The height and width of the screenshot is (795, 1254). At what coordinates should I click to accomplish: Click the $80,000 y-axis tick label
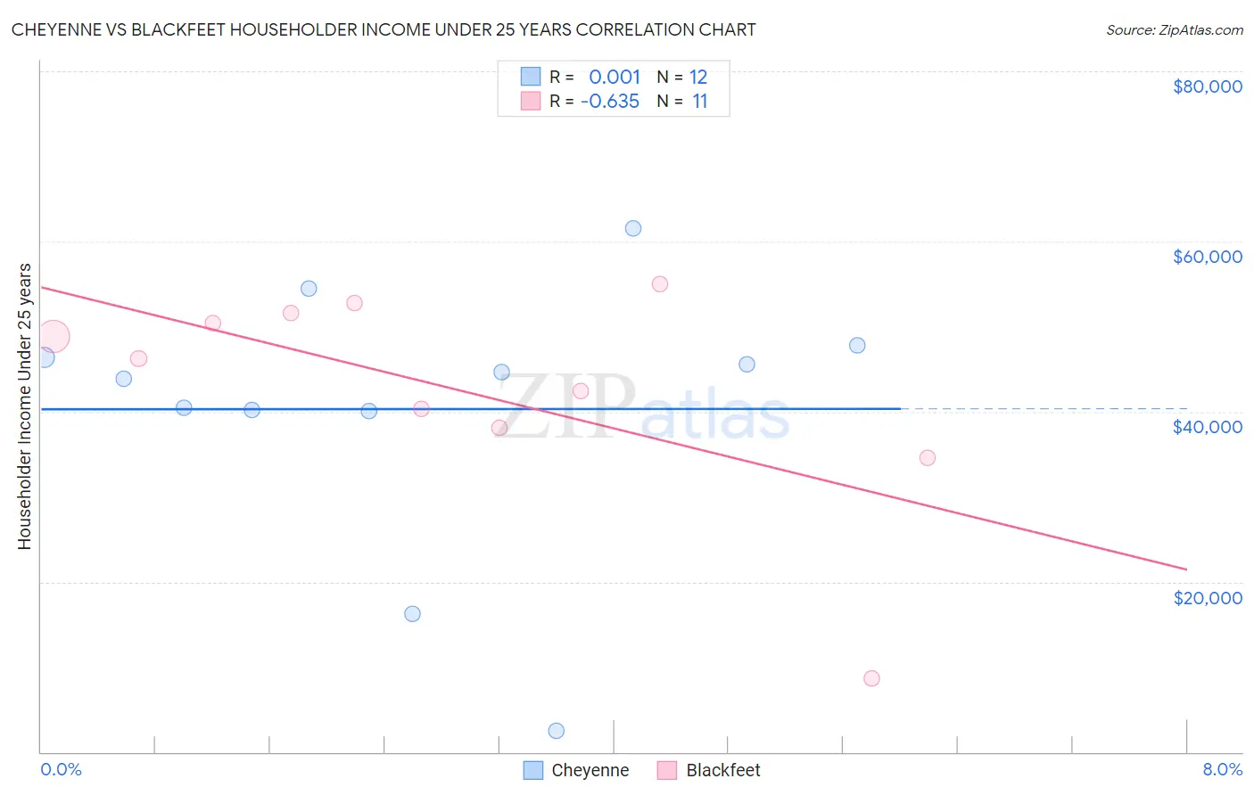1207,86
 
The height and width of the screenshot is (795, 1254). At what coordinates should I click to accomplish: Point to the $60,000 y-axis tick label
1207,257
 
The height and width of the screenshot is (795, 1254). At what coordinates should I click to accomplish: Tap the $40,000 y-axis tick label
1207,427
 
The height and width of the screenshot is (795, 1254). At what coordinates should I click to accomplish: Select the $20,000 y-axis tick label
1207,598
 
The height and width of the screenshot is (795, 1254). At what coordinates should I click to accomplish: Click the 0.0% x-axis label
61,769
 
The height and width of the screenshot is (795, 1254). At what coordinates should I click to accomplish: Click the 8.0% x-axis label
1222,769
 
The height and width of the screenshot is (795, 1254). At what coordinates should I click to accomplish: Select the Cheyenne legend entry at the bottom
576,770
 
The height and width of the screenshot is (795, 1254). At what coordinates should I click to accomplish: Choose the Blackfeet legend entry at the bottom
709,770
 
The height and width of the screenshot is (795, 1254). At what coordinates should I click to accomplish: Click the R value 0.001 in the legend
615,77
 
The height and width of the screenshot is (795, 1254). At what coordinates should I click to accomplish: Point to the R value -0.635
610,102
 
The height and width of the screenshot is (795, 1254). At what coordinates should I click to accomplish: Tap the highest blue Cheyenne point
633,228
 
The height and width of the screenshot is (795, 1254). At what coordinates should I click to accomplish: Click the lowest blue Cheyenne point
557,731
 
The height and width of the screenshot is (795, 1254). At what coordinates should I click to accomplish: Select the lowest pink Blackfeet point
871,678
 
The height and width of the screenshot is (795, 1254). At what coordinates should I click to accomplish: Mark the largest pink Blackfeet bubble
53,337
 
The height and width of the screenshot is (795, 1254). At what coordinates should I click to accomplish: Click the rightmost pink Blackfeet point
928,458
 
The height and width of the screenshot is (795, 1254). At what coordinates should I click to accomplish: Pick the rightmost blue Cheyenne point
857,345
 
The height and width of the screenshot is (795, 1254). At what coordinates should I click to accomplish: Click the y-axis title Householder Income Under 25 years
25,406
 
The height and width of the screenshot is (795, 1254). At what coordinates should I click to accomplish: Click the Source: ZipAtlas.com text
1174,30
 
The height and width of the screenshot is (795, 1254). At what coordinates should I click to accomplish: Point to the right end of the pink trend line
1186,569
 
